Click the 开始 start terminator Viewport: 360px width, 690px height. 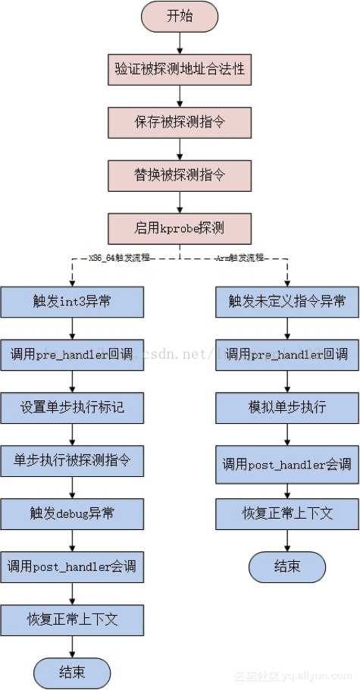point(180,16)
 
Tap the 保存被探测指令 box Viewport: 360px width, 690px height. point(180,121)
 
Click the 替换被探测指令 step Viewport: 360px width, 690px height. point(180,174)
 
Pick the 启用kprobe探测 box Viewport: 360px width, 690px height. point(180,227)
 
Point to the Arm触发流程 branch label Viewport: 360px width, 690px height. point(239,258)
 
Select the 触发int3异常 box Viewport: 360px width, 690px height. point(72,301)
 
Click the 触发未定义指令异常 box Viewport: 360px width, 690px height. point(287,301)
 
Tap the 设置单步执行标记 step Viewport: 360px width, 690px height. point(72,407)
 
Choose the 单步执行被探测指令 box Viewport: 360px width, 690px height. point(72,460)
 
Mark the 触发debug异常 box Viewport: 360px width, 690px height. point(72,513)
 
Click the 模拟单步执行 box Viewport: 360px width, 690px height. point(287,407)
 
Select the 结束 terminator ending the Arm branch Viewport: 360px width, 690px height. point(287,566)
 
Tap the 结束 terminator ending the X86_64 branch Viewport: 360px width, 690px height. point(72,673)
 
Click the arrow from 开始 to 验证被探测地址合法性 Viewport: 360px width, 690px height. point(180,42)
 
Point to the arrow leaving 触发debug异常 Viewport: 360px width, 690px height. point(72,539)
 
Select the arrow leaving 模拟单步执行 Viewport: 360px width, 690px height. point(287,433)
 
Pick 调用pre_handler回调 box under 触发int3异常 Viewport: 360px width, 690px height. point(72,354)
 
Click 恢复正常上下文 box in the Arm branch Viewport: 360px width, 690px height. point(287,513)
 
